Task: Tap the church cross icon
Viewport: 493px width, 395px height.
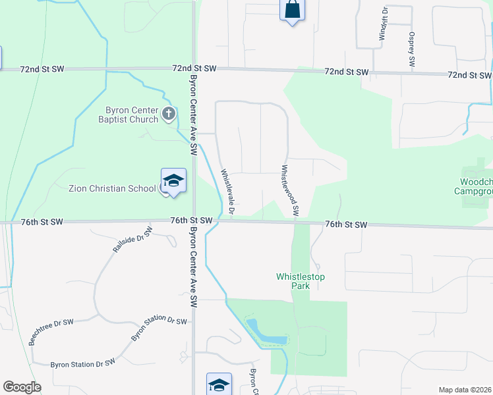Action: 169,114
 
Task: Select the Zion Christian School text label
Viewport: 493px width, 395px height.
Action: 114,188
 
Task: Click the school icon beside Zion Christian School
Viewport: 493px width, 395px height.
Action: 173,181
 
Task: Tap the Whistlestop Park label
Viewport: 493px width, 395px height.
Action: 301,281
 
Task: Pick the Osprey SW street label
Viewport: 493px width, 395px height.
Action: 411,49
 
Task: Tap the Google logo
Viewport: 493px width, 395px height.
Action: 22,387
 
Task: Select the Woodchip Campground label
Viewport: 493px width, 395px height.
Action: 477,186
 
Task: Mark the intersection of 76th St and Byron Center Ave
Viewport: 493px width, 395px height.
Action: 193,221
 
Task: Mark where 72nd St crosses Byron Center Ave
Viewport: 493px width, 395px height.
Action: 193,68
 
